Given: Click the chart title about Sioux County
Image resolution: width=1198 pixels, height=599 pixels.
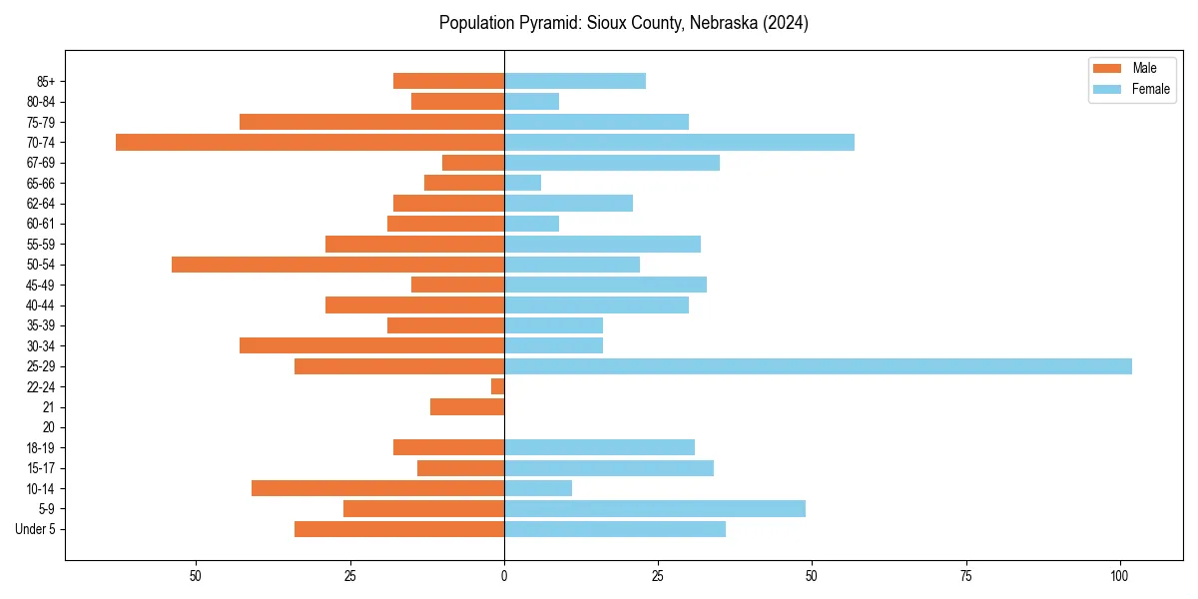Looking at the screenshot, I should (623, 23).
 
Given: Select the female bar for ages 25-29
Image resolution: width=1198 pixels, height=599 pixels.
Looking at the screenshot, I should (818, 366).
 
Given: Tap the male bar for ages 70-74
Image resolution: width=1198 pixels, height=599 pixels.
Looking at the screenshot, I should (309, 142).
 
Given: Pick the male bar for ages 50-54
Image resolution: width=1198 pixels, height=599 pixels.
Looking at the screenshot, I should (337, 265).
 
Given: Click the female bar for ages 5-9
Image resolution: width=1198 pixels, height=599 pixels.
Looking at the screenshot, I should (655, 509).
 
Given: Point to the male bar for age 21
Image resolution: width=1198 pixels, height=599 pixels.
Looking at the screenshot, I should (467, 407).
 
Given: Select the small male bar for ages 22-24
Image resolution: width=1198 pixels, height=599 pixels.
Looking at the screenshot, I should (497, 386).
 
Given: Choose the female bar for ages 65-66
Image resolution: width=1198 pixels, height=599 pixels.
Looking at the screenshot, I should (522, 183).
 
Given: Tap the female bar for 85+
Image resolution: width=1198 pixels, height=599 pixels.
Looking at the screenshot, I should (575, 81).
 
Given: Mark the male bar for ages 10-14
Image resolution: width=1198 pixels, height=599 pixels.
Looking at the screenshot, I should (377, 488).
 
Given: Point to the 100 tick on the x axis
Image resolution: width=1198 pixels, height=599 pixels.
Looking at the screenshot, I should (1120, 576).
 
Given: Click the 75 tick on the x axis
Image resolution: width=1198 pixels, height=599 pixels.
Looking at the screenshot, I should (966, 576).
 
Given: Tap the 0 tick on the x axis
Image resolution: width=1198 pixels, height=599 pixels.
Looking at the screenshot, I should (504, 576).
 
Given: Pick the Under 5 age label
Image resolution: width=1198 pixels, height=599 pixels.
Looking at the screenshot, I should (35, 529).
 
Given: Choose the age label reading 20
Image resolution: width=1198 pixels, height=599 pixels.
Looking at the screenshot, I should (48, 427).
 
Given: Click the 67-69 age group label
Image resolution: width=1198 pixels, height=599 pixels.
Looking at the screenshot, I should (41, 163).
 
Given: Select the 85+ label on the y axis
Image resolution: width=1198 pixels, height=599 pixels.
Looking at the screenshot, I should (44, 81).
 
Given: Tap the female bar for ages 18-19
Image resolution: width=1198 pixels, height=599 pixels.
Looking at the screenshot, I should (599, 447).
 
